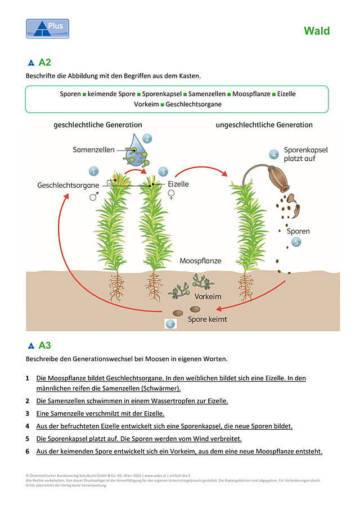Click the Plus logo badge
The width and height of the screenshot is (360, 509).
tap(47, 29)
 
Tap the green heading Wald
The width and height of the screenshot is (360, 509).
tap(317, 31)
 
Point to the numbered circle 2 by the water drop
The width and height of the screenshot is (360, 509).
tap(147, 138)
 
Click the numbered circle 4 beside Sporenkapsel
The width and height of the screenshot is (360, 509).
tap(273, 155)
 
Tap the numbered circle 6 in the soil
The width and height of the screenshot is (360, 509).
tap(170, 323)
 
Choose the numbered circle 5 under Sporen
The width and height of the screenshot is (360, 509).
tap(296, 242)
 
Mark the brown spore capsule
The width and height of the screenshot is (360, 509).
tap(279, 178)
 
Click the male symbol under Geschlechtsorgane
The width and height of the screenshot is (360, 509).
tap(94, 196)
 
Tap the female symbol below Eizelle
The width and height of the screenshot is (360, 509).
tap(171, 195)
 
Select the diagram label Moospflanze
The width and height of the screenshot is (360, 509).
tap(200, 261)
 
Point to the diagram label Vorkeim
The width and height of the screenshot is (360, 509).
tap(208, 296)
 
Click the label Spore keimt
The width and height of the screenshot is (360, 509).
tap(208, 319)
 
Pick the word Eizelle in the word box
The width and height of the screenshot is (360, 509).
tap(286, 94)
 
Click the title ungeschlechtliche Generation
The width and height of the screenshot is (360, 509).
tap(264, 125)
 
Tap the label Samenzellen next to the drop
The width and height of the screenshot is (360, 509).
tap(93, 150)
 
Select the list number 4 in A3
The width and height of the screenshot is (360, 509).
tap(27, 426)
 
